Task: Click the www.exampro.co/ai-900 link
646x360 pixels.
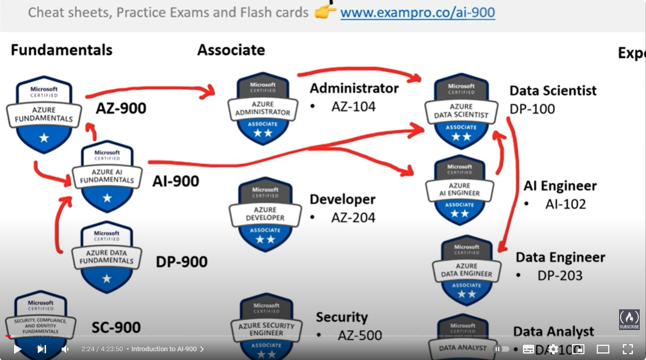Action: coord(417,12)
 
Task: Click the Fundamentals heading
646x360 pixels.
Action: coord(62,50)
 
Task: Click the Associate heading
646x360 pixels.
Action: coord(231,50)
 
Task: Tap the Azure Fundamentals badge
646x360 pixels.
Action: coord(44,114)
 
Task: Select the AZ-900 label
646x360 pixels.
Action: coord(121,108)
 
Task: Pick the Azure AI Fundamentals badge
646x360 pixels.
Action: coord(107,176)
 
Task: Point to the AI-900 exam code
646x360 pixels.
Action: coord(175,181)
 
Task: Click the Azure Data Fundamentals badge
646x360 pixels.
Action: coord(107,256)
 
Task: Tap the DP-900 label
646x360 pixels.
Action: coord(182,262)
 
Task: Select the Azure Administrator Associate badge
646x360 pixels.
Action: coord(263,109)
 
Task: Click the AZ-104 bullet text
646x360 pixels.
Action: coord(354,107)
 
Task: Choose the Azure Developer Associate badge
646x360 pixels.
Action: coord(265,214)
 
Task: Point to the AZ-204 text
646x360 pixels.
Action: coord(354,217)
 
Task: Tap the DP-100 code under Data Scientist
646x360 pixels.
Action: coord(532,109)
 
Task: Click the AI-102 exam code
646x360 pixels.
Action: coord(566,204)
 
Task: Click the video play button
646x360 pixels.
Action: coord(17,349)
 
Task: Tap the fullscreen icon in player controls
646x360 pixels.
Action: coord(628,349)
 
